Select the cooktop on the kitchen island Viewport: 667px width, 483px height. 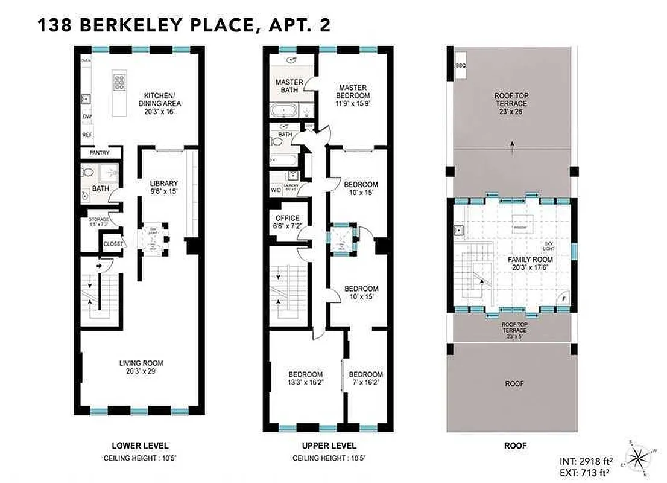[119, 81]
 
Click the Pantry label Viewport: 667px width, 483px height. [99, 153]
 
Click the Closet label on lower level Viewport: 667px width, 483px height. [113, 245]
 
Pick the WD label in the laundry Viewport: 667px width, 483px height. [276, 189]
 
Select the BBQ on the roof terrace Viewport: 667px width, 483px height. [461, 65]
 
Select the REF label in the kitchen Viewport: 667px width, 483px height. [87, 135]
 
